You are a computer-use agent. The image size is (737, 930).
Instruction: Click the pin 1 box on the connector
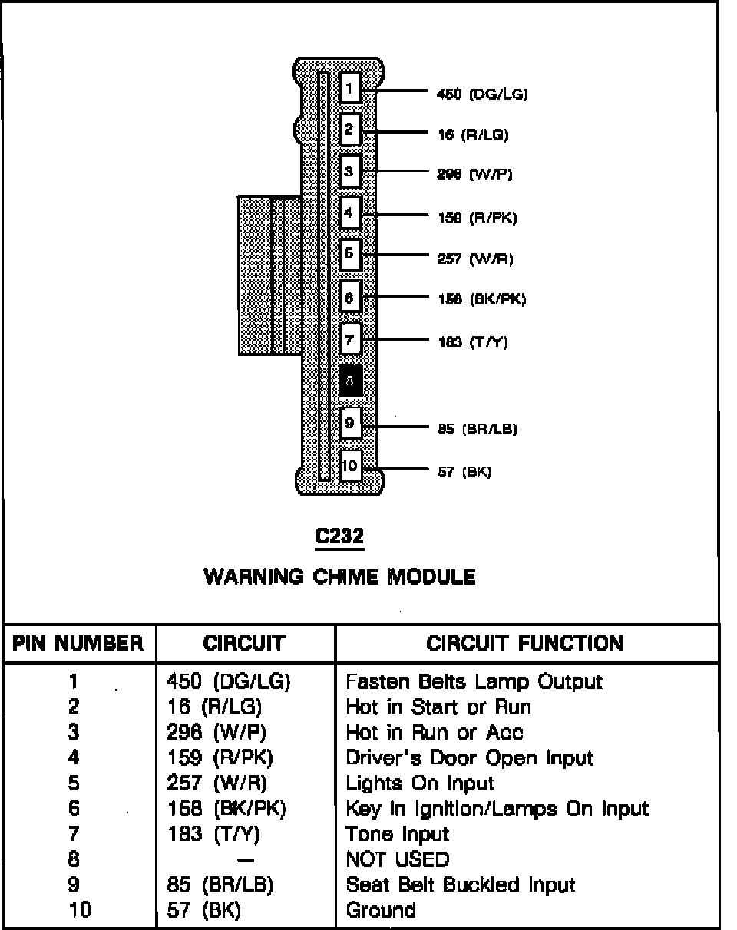[x=349, y=88]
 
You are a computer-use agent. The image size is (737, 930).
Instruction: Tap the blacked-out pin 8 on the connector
[x=350, y=379]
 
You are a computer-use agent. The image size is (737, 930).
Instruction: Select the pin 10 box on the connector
[x=350, y=465]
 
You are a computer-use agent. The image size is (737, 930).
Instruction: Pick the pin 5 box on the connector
[x=350, y=253]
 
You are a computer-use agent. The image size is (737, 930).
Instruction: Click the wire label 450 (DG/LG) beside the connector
[x=481, y=94]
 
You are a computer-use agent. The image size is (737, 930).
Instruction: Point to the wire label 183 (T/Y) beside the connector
[x=473, y=342]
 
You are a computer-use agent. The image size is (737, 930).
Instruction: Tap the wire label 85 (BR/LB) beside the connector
[x=477, y=429]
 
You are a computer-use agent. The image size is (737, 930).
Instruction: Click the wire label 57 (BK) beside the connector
[x=464, y=472]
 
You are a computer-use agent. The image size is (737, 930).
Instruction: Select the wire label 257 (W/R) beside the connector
[x=474, y=259]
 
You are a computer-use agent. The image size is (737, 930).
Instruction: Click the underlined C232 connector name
[x=340, y=538]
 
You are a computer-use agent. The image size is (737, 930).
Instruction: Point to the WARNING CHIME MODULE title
[x=339, y=577]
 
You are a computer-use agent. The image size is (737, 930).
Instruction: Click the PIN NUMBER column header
[x=78, y=643]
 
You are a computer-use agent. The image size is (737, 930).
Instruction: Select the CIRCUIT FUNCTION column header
[x=525, y=643]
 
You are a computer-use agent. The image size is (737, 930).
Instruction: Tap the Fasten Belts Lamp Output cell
[x=474, y=681]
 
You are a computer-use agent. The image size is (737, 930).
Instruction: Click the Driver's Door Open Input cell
[x=470, y=758]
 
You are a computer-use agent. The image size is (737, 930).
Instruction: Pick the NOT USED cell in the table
[x=398, y=859]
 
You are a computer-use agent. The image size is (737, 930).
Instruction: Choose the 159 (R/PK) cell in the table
[x=220, y=758]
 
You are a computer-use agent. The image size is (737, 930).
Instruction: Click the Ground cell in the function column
[x=382, y=910]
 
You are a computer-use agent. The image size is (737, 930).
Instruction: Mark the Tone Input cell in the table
[x=398, y=833]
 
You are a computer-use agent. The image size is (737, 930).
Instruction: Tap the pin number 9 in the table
[x=74, y=885]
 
